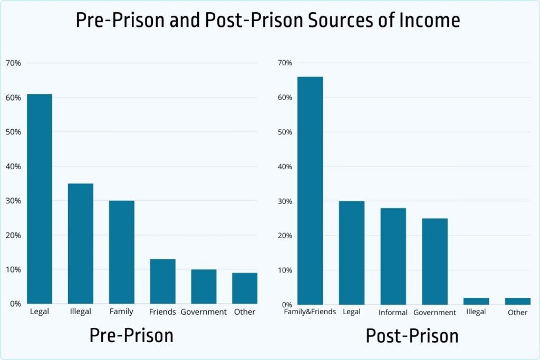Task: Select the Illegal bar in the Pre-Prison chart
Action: [81, 244]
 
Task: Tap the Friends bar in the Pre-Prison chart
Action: [162, 281]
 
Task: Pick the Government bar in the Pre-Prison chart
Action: [204, 287]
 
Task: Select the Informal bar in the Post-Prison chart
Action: [393, 257]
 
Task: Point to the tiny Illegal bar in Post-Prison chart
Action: [476, 301]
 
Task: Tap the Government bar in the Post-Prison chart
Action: [435, 262]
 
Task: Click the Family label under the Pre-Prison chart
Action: [121, 312]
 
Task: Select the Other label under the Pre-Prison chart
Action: [244, 312]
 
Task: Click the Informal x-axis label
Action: [393, 313]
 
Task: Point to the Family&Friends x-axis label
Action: [310, 312]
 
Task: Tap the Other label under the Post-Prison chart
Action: [517, 313]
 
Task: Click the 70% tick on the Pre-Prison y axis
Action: [13, 63]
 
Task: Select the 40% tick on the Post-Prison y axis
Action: [285, 167]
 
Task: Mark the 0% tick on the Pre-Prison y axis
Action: [15, 304]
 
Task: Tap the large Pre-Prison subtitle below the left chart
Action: [131, 336]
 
